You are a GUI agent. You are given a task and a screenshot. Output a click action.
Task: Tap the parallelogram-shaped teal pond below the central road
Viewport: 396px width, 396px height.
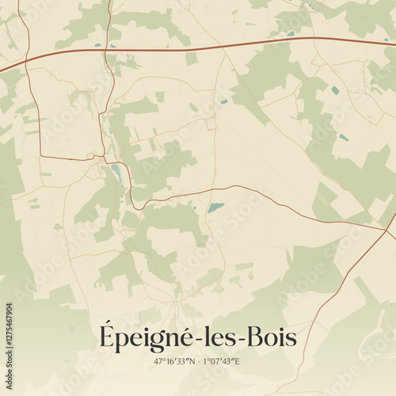pyautogui.click(x=215, y=208)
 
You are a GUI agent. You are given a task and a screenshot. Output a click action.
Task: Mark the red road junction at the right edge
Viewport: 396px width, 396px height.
pyautogui.click(x=388, y=231)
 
